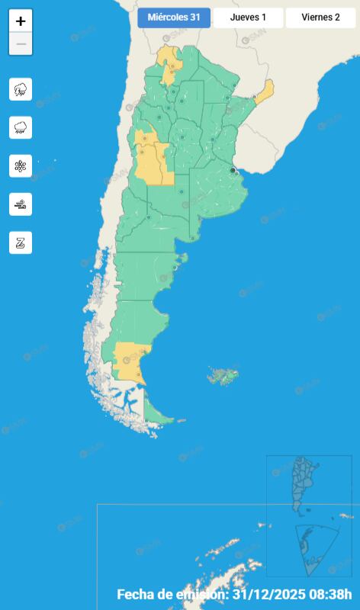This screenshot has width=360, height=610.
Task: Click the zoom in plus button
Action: coord(21,21)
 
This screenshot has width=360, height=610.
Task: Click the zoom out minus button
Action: coord(21,44)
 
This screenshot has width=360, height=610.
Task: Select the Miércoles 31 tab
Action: coord(174,18)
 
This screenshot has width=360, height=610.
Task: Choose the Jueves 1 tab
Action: coord(248,18)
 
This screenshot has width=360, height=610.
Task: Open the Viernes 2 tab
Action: coord(320,18)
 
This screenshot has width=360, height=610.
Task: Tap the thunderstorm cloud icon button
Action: coord(21,89)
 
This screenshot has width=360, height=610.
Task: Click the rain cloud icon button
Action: coord(21,127)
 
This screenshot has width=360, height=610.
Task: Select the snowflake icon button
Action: coord(21,165)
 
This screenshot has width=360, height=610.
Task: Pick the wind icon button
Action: coord(21,204)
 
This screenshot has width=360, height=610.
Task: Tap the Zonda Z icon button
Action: coord(21,242)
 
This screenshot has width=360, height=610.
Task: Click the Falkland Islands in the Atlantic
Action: coord(223,375)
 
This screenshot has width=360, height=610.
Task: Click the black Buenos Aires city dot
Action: coord(233,170)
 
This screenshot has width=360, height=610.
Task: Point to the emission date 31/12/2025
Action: coord(268,594)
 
